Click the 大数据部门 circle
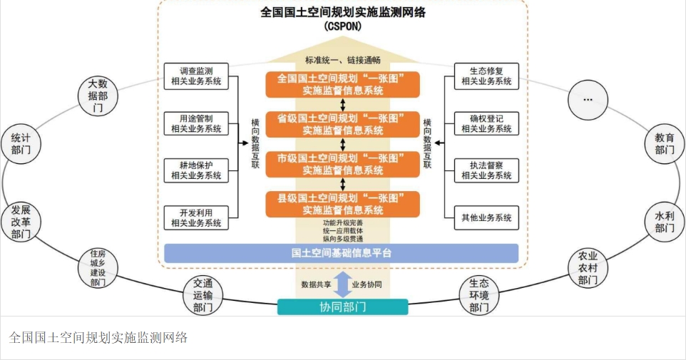[x=98, y=96]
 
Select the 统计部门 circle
[x=21, y=144]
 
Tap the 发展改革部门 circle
[x=21, y=222]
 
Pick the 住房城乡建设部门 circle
[x=98, y=268]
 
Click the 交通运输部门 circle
[x=203, y=295]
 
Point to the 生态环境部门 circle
[x=479, y=295]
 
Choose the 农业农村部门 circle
[x=588, y=268]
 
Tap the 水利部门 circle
[x=665, y=222]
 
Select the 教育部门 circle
[x=665, y=144]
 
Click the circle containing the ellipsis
[x=588, y=99]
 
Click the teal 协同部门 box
[x=342, y=307]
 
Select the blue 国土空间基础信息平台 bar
[x=342, y=253]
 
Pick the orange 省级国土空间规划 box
[x=342, y=124]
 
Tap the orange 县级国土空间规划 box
[x=342, y=205]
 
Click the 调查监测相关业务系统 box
[x=196, y=76]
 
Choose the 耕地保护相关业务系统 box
[x=196, y=170]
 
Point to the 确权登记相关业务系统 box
[x=486, y=124]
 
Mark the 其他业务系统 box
[x=486, y=218]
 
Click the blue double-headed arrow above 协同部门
[x=342, y=284]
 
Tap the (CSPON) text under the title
[x=343, y=26]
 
